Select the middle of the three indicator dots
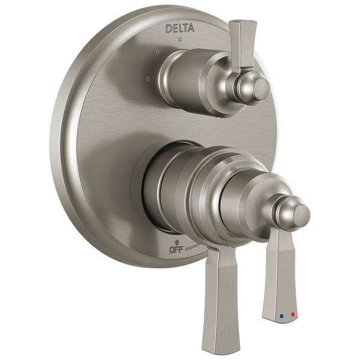158,53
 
